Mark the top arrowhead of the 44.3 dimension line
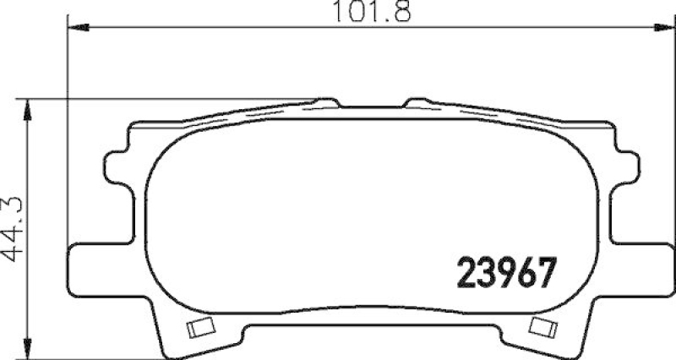click(x=30, y=107)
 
